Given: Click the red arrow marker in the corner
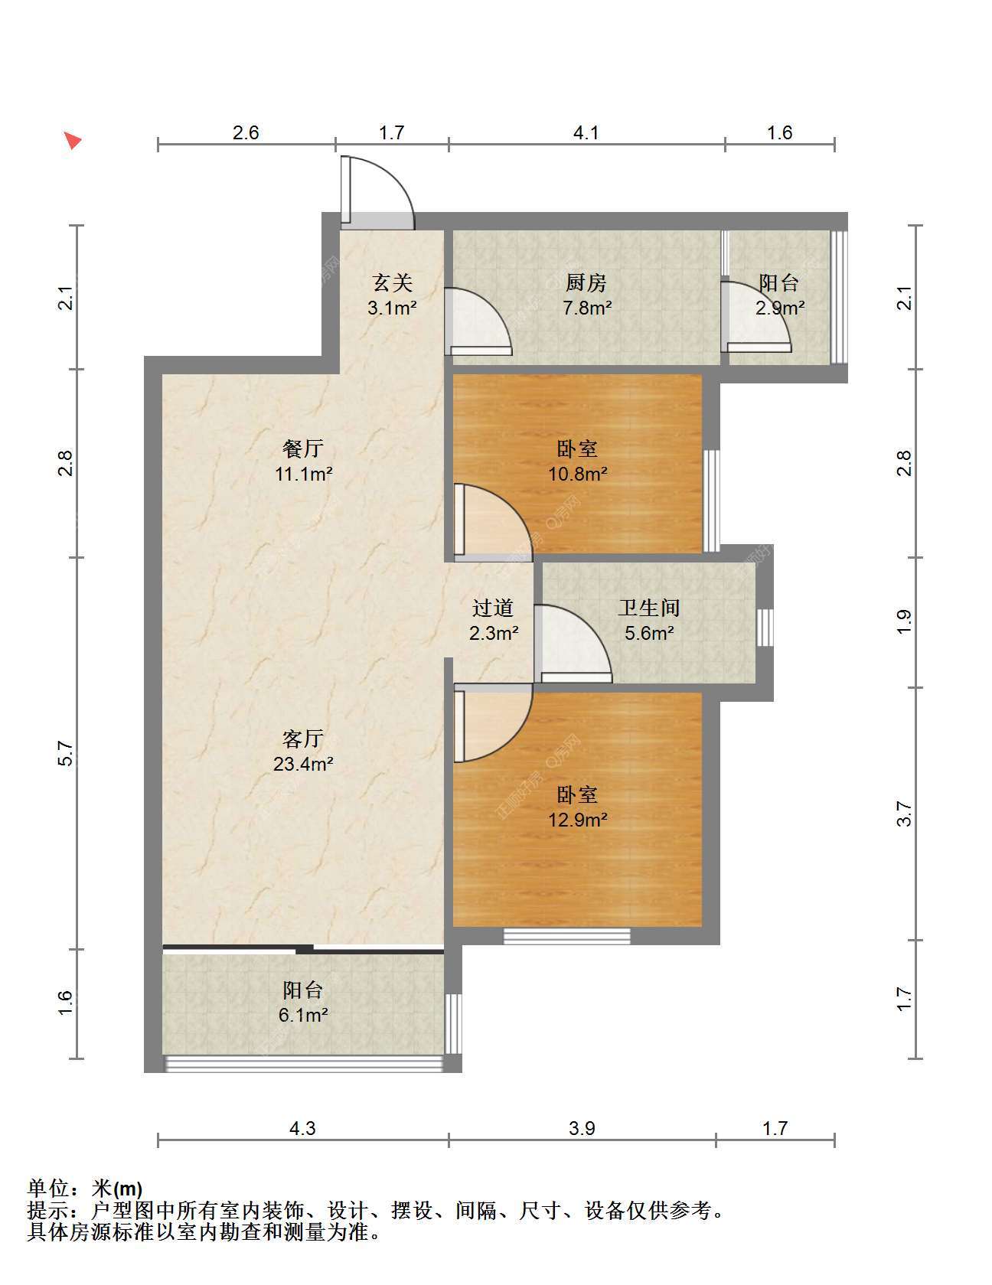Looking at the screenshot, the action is click(x=73, y=140).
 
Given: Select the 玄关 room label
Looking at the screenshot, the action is click(x=393, y=283).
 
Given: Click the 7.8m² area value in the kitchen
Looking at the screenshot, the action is click(x=586, y=308).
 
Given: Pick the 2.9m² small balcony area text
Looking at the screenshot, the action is click(x=779, y=308).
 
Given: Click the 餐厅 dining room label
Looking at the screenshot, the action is click(x=303, y=448).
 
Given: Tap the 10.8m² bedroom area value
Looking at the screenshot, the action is click(x=577, y=474).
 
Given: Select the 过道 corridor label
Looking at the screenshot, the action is click(x=492, y=608).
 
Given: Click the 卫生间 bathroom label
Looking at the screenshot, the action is click(x=649, y=608).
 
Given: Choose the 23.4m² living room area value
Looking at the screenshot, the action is click(x=303, y=764).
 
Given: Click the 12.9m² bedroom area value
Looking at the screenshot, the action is click(x=577, y=820).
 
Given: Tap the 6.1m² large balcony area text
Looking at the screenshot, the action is click(x=303, y=1016).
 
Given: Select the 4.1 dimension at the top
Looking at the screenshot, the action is click(x=586, y=132).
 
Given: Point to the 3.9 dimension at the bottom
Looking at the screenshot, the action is click(x=582, y=1128).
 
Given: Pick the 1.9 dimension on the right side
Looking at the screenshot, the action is click(x=904, y=621).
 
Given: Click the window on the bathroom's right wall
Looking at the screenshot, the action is click(x=765, y=628).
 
